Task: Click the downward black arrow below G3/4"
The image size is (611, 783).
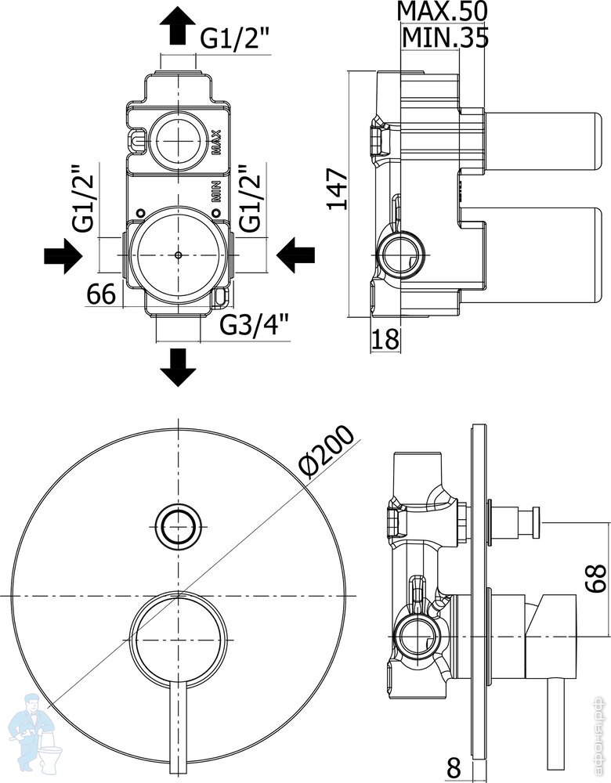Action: (x=179, y=366)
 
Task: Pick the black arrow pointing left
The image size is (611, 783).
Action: (x=295, y=254)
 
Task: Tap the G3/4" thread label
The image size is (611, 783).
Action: (x=255, y=323)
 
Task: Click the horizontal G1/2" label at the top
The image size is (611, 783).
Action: (x=235, y=38)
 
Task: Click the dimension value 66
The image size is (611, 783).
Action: (x=101, y=295)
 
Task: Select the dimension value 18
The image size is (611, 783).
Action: (x=385, y=339)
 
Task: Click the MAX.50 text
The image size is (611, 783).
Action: (x=442, y=12)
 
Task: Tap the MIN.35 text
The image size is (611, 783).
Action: (x=444, y=37)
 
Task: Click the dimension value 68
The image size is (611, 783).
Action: (x=597, y=579)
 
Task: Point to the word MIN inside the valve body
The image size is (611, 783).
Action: (x=217, y=193)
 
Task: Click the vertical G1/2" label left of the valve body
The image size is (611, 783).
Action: (x=85, y=199)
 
